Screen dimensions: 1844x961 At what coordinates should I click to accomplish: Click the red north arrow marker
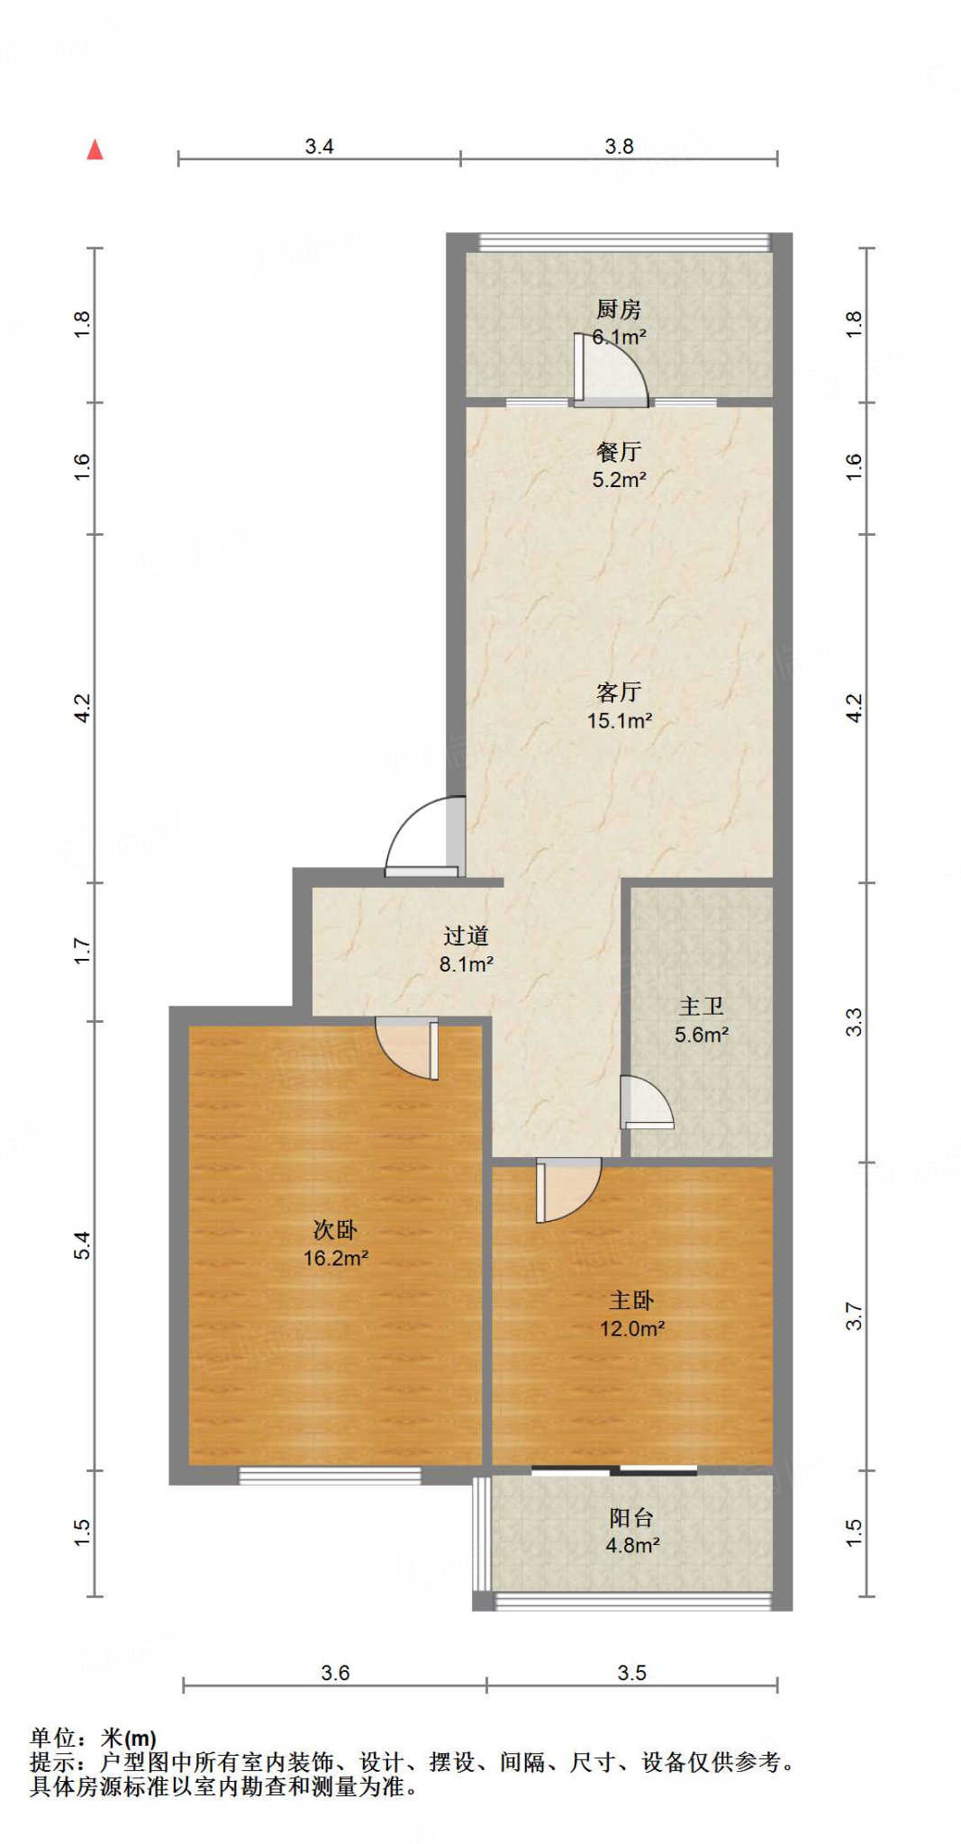(95, 150)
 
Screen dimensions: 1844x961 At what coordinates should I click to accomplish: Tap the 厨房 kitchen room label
(619, 310)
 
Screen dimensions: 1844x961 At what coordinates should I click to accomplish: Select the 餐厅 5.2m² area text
(619, 480)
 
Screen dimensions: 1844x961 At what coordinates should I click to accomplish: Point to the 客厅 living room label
(619, 691)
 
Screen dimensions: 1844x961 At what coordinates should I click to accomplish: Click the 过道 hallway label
(466, 936)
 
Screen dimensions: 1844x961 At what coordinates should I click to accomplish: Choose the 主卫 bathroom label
(702, 1007)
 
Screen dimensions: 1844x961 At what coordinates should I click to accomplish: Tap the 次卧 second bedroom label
(335, 1230)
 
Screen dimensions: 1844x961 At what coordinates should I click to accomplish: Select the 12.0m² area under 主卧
(632, 1328)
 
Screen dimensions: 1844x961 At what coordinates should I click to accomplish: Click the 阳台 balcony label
(631, 1518)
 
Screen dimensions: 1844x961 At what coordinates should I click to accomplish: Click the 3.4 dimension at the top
(319, 147)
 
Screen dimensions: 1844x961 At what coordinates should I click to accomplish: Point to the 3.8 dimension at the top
(619, 147)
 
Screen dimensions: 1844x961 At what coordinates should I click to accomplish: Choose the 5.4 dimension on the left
(82, 1245)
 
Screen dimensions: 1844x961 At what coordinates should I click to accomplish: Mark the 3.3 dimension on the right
(854, 1023)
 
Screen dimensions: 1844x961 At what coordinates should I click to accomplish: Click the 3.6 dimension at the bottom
(335, 1673)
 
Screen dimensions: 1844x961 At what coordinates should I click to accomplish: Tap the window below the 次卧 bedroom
(330, 1476)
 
